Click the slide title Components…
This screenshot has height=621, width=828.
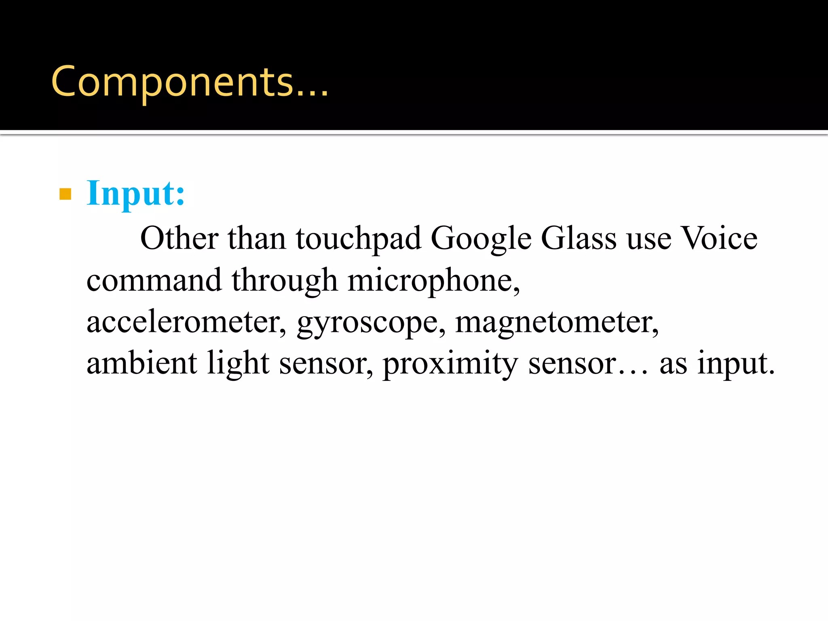pyautogui.click(x=189, y=82)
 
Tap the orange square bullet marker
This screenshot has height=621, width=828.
pyautogui.click(x=65, y=194)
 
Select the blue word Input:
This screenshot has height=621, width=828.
pyautogui.click(x=136, y=194)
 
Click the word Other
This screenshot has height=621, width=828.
pyautogui.click(x=179, y=238)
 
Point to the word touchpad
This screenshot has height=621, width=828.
pyautogui.click(x=359, y=239)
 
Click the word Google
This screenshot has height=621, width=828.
pyautogui.click(x=481, y=239)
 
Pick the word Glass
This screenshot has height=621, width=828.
pyautogui.click(x=579, y=238)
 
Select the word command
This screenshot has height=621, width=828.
pyautogui.click(x=154, y=280)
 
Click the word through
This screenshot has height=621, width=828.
pyautogui.click(x=284, y=281)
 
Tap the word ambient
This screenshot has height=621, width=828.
pyautogui.click(x=142, y=363)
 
